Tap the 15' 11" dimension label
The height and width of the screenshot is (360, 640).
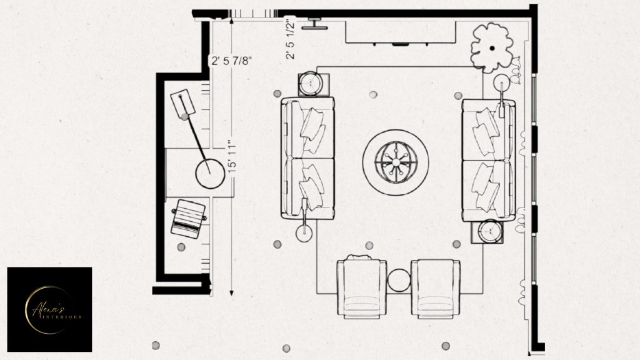(232, 156)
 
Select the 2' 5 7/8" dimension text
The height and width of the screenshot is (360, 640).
(231, 61)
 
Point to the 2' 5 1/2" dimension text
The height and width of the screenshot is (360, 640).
(290, 38)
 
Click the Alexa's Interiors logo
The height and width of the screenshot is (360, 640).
(49, 309)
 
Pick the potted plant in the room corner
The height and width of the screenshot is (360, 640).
(492, 47)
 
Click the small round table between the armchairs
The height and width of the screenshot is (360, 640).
(399, 281)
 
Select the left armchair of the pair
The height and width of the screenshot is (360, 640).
(362, 287)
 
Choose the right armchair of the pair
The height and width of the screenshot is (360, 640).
(436, 289)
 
